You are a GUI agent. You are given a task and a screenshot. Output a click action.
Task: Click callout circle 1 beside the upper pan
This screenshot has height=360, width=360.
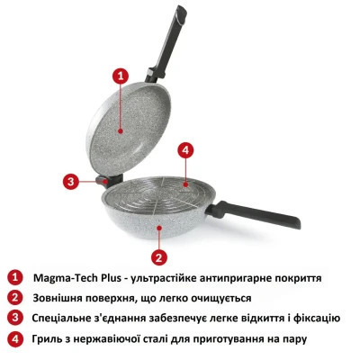119,76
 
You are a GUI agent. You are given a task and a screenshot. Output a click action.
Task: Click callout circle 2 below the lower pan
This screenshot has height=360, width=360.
158,256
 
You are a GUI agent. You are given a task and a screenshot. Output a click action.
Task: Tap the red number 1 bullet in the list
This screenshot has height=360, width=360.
14,276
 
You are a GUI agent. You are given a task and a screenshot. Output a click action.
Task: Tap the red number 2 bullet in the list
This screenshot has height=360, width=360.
14,297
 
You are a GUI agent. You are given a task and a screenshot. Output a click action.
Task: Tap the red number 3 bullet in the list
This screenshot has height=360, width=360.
14,318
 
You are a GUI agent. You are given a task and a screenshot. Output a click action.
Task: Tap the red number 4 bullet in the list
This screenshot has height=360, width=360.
14,339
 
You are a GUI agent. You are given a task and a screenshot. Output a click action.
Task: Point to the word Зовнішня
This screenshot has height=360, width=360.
62,297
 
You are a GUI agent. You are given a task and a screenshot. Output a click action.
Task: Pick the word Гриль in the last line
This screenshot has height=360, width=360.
48,339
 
